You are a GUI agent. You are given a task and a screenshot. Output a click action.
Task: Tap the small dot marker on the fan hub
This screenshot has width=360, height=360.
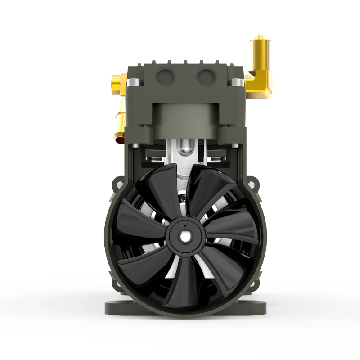[184, 222]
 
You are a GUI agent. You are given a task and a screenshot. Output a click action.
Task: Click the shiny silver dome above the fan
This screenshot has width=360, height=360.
[184, 147]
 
